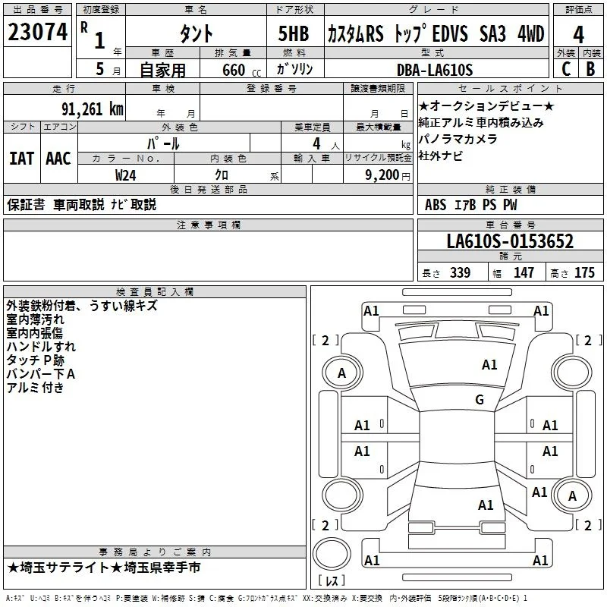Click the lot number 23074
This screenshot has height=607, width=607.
click(x=37, y=32)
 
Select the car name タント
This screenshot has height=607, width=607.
click(x=196, y=33)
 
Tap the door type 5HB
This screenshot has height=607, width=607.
click(x=294, y=33)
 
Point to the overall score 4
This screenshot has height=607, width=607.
click(x=578, y=35)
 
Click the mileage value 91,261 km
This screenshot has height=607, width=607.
click(x=93, y=109)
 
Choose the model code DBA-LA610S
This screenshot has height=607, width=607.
click(x=435, y=70)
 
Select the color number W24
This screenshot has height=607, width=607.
click(x=125, y=175)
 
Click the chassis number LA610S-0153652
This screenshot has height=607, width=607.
click(x=510, y=241)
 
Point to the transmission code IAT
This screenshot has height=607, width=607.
click(x=21, y=159)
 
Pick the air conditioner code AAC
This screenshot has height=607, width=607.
click(x=58, y=159)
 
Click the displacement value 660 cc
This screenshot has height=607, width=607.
click(x=241, y=70)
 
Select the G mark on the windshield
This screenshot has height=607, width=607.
click(x=480, y=399)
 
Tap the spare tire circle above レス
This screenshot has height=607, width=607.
click(x=332, y=554)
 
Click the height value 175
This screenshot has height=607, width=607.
click(x=584, y=272)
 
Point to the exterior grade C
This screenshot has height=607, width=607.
click(x=566, y=69)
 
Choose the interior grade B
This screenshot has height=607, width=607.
click(x=590, y=69)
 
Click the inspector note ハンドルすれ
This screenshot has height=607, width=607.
click(x=41, y=347)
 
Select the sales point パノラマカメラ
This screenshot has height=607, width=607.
click(x=458, y=139)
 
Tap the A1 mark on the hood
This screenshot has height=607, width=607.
click(x=489, y=364)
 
